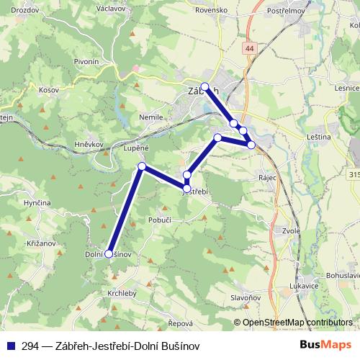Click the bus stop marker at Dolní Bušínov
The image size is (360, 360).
(x=109, y=253)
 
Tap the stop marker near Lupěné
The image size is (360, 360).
(x=142, y=167)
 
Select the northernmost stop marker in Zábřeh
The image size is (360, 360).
(x=204, y=87)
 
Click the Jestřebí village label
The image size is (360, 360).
(x=195, y=192)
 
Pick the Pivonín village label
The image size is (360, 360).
(x=86, y=62)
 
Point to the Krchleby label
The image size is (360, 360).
(x=122, y=294)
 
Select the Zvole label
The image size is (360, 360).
(x=291, y=231)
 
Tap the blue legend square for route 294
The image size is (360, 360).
(x=12, y=346)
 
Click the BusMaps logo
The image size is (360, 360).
(x=325, y=346)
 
